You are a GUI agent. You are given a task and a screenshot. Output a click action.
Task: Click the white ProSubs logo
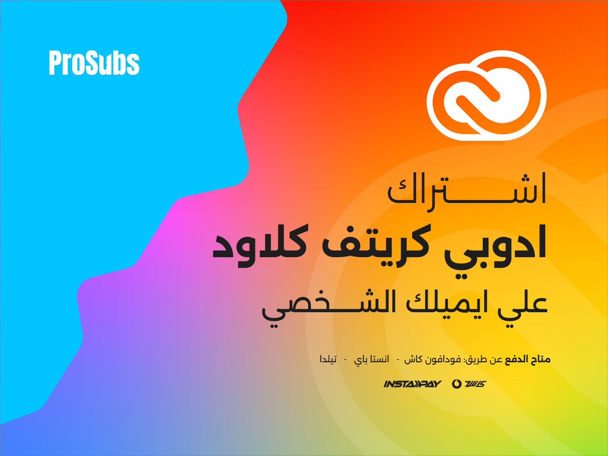[x=94, y=63]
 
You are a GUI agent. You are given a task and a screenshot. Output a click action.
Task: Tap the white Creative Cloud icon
[x=487, y=95]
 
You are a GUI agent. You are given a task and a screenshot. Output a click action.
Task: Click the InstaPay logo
[x=412, y=384]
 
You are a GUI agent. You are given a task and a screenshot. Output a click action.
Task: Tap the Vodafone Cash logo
[x=469, y=384]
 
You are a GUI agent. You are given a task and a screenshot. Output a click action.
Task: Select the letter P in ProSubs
[x=55, y=63]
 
